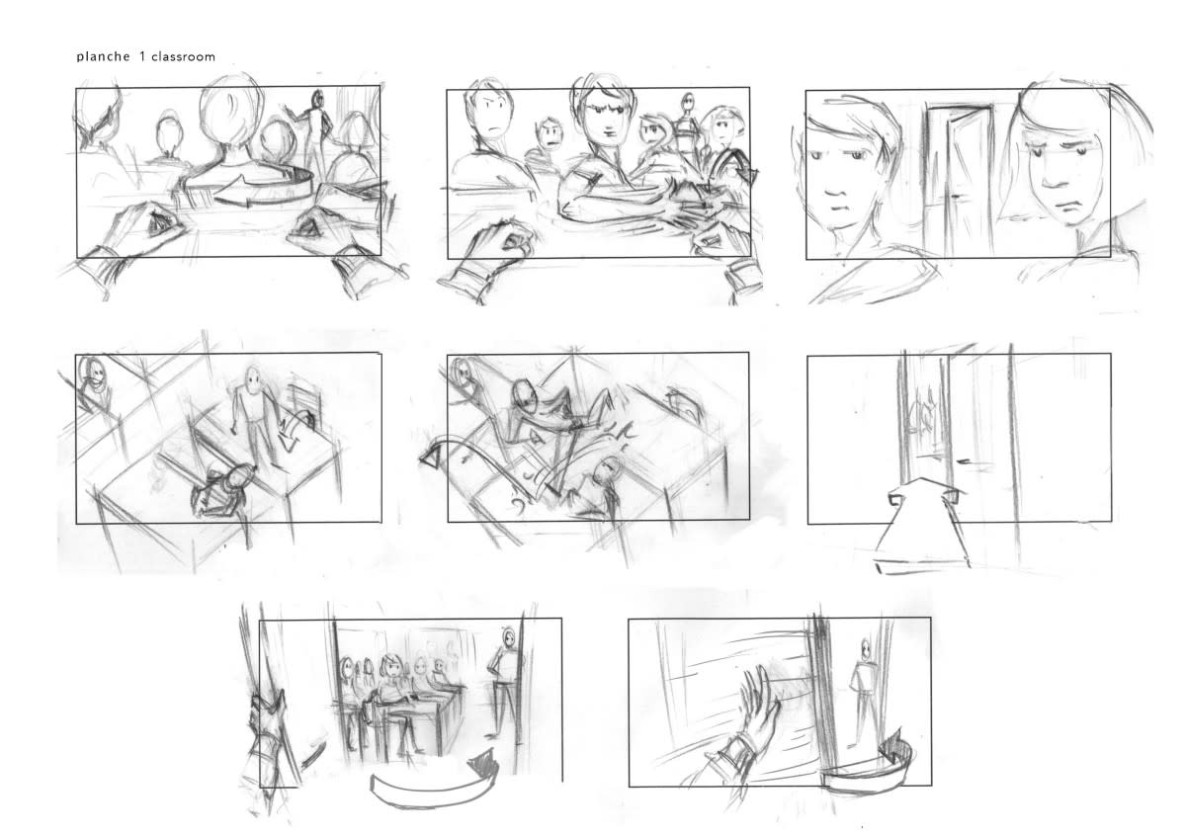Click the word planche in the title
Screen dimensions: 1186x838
103,56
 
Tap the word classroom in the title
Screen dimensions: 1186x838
183,56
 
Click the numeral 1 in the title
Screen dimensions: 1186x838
142,56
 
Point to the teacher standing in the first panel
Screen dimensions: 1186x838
315,127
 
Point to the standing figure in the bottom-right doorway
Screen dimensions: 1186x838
863,691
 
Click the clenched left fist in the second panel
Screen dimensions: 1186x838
500,241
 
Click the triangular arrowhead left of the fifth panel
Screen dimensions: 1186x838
433,457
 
